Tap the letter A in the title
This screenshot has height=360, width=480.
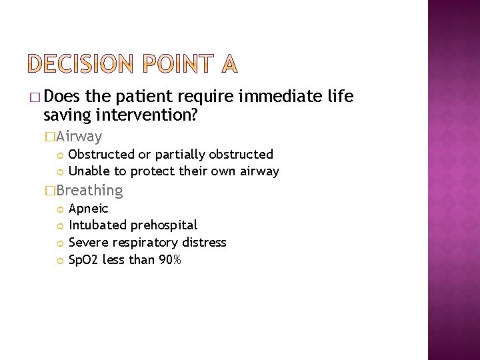pos(227,64)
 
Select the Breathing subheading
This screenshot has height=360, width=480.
pos(89,191)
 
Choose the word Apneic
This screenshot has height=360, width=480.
pos(88,209)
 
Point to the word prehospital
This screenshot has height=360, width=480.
pos(163,225)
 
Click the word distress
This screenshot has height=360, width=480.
pos(204,243)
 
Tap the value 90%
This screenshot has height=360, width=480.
pos(169,260)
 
